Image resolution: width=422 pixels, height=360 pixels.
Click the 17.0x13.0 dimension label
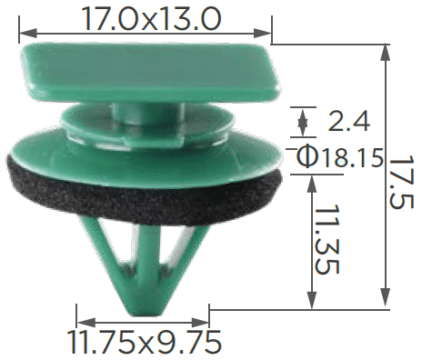pyautogui.click(x=151, y=19)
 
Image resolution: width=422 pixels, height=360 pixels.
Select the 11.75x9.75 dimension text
pyautogui.click(x=144, y=343)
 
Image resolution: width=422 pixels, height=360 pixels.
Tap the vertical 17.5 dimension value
pyautogui.click(x=401, y=182)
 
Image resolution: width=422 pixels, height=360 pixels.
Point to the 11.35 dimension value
pyautogui.click(x=327, y=239)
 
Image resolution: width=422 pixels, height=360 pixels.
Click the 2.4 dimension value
pyautogui.click(x=348, y=122)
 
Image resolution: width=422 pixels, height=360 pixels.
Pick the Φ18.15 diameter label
pyautogui.click(x=339, y=156)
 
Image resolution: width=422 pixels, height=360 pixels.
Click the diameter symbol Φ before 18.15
pyautogui.click(x=306, y=156)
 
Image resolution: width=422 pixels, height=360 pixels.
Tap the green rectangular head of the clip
pyautogui.click(x=150, y=73)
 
